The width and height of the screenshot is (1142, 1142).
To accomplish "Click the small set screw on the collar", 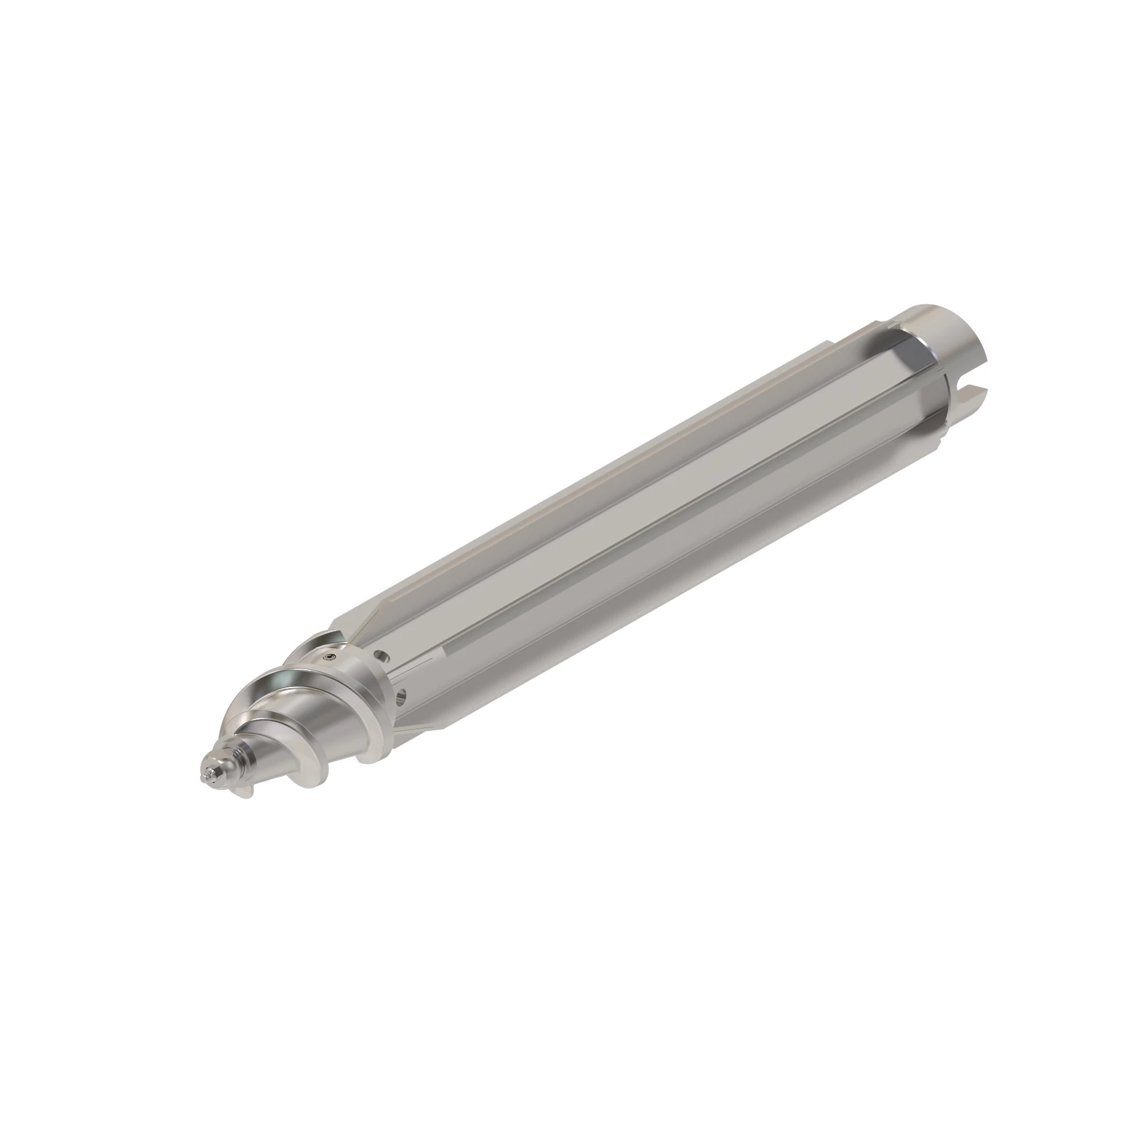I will click(329, 657).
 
